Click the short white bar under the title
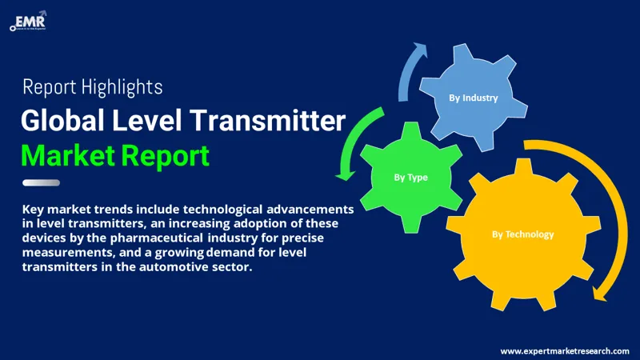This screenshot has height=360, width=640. click(41, 182)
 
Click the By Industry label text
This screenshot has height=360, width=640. click(473, 98)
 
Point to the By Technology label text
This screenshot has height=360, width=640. click(522, 234)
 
